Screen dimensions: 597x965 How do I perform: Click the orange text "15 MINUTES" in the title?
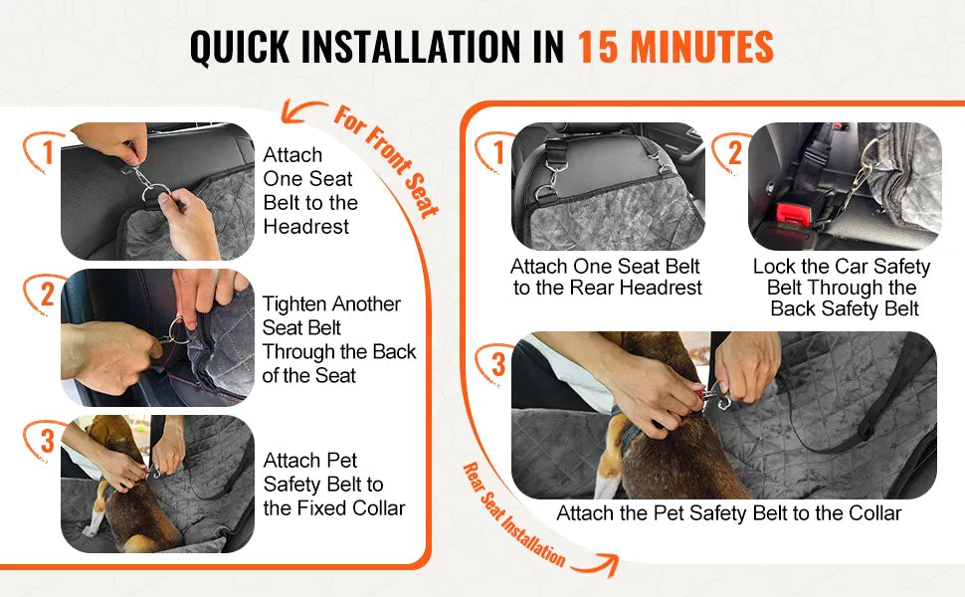[x=675, y=47]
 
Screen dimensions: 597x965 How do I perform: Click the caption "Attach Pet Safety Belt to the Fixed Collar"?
[x=333, y=485]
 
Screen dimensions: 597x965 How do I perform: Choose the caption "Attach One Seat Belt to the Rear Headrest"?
[x=607, y=278]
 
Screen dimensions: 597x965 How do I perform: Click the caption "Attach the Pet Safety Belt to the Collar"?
[x=728, y=513]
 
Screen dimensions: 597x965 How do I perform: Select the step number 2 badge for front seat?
[x=46, y=296]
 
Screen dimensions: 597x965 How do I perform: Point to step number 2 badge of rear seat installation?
[x=733, y=153]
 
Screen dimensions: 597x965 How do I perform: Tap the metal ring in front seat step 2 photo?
[x=178, y=330]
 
